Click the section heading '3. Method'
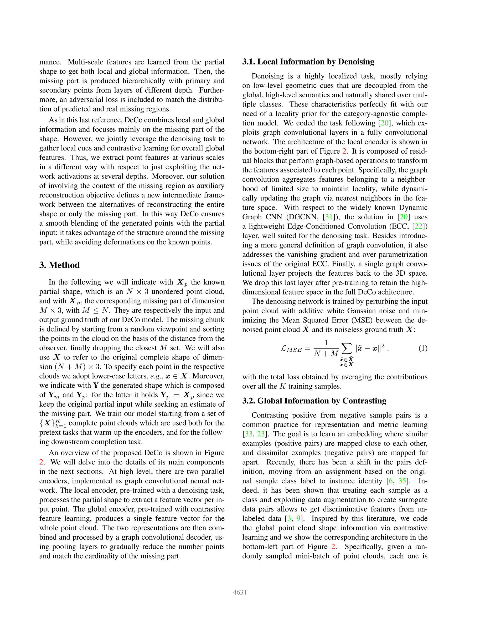pyautogui.click(x=59, y=265)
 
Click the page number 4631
pyautogui.click(x=240, y=592)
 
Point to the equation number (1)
pyautogui.click(x=423, y=348)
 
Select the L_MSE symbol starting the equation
pyautogui.click(x=291, y=349)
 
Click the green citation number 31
pyautogui.click(x=329, y=217)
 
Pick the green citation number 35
pyautogui.click(x=402, y=481)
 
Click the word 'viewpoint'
pyautogui.click(x=172, y=329)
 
